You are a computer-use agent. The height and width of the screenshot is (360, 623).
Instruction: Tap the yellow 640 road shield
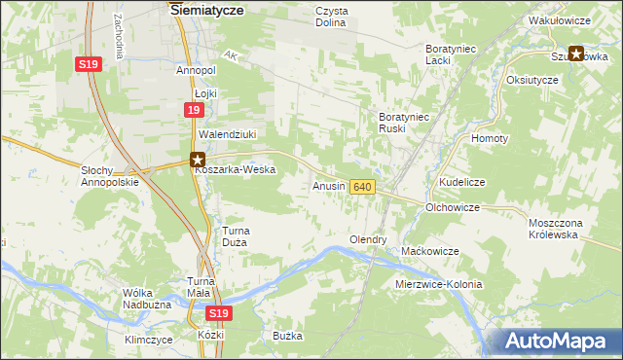pos(362,186)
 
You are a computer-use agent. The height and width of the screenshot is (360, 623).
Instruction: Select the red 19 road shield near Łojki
pos(194,112)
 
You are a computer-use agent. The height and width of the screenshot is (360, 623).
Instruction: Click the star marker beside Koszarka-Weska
pos(198,160)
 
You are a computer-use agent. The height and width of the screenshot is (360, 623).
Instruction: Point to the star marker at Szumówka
pos(575,54)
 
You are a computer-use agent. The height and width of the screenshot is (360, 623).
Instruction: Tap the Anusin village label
pos(328,185)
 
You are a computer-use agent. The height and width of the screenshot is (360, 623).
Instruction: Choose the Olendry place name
pos(368,239)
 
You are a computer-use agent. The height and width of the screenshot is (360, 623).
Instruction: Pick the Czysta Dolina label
pos(332,17)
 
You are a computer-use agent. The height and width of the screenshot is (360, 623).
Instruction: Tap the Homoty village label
pos(490,138)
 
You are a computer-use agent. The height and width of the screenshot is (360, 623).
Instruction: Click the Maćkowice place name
pos(430,251)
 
